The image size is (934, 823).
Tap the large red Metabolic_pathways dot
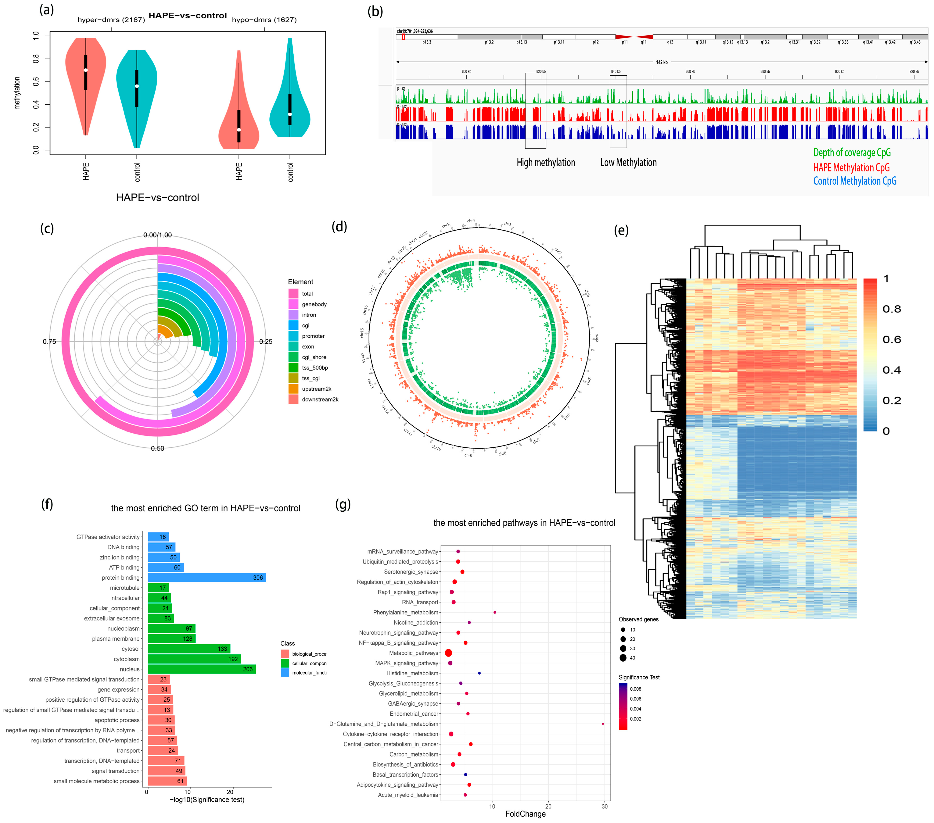tap(448, 653)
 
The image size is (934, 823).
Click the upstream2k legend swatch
tap(293, 389)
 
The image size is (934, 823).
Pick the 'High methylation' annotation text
tap(546, 163)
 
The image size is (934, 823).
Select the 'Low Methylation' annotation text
tap(628, 163)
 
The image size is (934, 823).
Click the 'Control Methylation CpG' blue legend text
tap(854, 181)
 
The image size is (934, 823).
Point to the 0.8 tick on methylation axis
tap(36, 59)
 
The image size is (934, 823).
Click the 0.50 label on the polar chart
tap(158, 448)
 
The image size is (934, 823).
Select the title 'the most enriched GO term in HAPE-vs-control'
tap(206, 508)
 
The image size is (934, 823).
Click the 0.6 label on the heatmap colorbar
tap(891, 340)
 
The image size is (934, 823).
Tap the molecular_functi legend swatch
tap(285, 673)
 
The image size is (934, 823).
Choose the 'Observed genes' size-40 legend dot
tap(623, 658)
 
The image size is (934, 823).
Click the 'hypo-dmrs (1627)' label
tap(264, 20)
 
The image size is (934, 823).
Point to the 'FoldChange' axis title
tap(525, 814)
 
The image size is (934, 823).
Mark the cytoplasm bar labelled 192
tap(194, 659)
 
